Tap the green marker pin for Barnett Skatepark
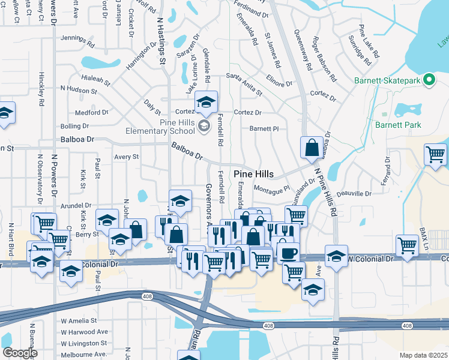coord(429,79)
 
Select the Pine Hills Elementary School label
coord(160,126)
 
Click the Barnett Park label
coord(398,125)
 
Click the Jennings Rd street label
coord(78,41)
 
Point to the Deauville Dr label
coord(354,193)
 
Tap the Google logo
coord(20,353)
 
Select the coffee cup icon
coord(286,252)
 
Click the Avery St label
coord(127,157)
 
